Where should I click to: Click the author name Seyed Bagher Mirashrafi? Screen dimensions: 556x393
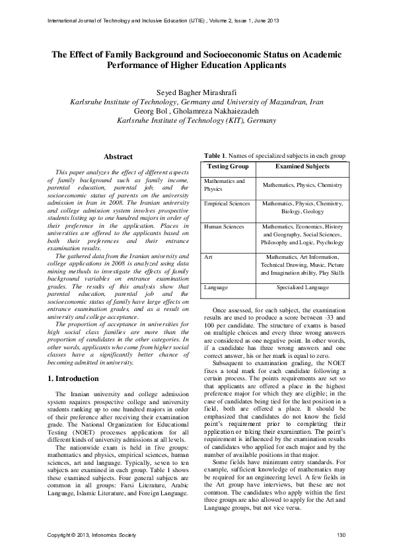[x=196, y=93]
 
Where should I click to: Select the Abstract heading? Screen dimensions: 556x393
[x=119, y=156]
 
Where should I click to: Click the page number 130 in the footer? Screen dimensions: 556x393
[x=341, y=534]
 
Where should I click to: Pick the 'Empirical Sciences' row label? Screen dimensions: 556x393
[x=227, y=203]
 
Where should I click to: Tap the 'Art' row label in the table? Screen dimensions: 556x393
[x=208, y=256]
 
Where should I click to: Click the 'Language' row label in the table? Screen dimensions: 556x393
[x=216, y=288]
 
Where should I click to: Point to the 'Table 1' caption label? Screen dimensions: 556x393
[x=215, y=155]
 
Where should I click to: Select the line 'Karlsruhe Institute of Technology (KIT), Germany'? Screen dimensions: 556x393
[x=196, y=121]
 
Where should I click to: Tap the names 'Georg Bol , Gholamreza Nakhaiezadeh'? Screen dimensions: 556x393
[x=196, y=112]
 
